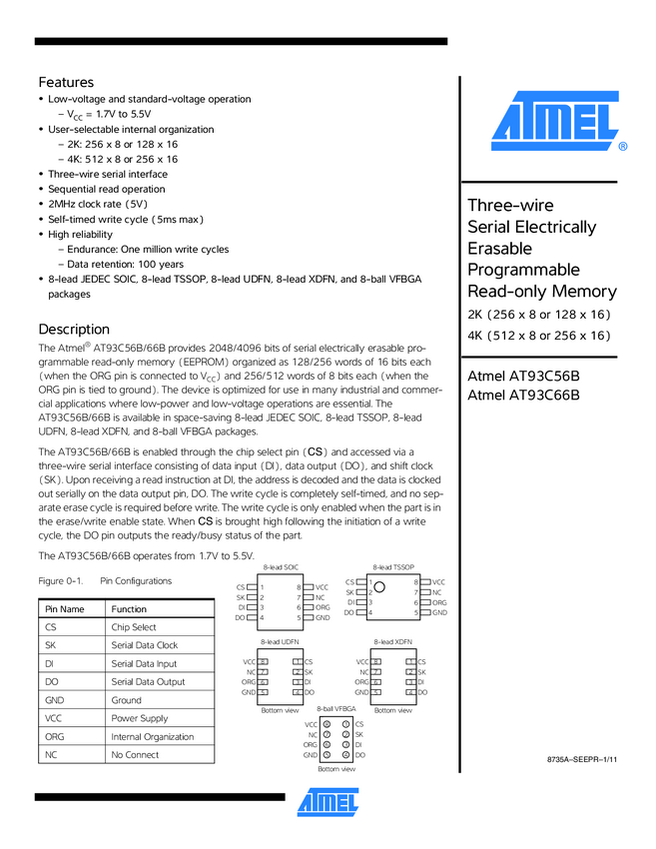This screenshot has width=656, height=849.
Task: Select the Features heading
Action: coord(66,82)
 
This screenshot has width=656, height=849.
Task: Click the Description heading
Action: coord(74,329)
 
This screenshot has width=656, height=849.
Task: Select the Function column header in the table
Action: coord(129,609)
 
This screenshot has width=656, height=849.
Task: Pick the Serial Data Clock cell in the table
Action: coord(145,645)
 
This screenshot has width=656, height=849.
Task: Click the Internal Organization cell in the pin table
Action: coord(153,736)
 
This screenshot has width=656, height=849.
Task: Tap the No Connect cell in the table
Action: coord(135,755)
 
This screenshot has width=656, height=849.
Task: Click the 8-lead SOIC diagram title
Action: coord(281,567)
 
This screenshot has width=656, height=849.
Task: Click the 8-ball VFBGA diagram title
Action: coord(335,708)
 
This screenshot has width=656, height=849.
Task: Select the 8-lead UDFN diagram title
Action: coord(281,641)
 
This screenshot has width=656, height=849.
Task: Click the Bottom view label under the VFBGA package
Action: coord(336,769)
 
